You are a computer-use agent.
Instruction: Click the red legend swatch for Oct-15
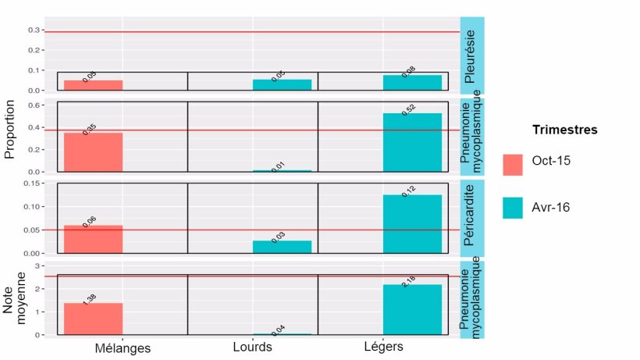(x=513, y=164)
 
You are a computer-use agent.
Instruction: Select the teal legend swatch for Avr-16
(x=513, y=207)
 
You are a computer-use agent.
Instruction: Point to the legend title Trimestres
(x=564, y=130)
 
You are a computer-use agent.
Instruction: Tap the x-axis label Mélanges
(x=123, y=348)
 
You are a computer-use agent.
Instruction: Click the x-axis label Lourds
(x=252, y=347)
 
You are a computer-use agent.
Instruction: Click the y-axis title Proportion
(x=11, y=129)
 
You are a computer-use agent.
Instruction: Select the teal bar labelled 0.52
(x=412, y=142)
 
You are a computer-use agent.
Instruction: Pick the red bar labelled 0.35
(x=93, y=151)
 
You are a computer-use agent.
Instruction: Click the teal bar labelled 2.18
(x=412, y=309)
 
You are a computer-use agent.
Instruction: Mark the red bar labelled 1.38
(x=93, y=319)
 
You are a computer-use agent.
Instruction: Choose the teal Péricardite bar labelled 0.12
(x=412, y=223)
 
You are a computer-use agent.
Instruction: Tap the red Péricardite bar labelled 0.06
(x=93, y=239)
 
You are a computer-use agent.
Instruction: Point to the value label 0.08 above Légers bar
(x=408, y=72)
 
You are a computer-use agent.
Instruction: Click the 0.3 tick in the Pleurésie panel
(x=34, y=30)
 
